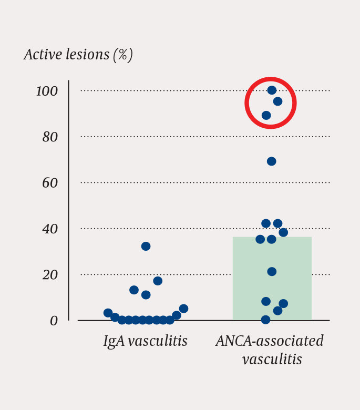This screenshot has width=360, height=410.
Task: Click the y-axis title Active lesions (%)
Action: coord(78,55)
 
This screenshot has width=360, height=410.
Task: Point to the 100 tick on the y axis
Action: coord(47,91)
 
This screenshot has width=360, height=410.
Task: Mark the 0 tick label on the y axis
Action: coord(54,321)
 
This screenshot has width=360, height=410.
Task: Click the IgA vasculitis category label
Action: coord(145,341)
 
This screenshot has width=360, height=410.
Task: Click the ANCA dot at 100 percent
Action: coord(272,90)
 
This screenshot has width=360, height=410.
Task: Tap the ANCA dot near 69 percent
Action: coord(271,161)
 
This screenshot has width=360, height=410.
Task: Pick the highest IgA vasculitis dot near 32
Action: coord(146,247)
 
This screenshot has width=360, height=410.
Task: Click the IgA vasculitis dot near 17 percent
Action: coord(158,281)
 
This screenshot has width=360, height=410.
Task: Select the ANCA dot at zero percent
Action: coord(266,320)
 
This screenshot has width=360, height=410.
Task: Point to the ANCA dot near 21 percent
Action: coord(272,272)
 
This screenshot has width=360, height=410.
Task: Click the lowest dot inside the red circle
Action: coord(266,116)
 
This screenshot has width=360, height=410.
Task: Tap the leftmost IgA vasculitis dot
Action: coord(108,313)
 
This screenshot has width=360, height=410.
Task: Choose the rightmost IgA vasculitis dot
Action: coord(183,309)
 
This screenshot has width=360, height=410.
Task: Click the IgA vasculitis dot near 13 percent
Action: coord(134,290)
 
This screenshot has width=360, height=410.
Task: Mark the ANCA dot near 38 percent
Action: coord(283,232)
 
